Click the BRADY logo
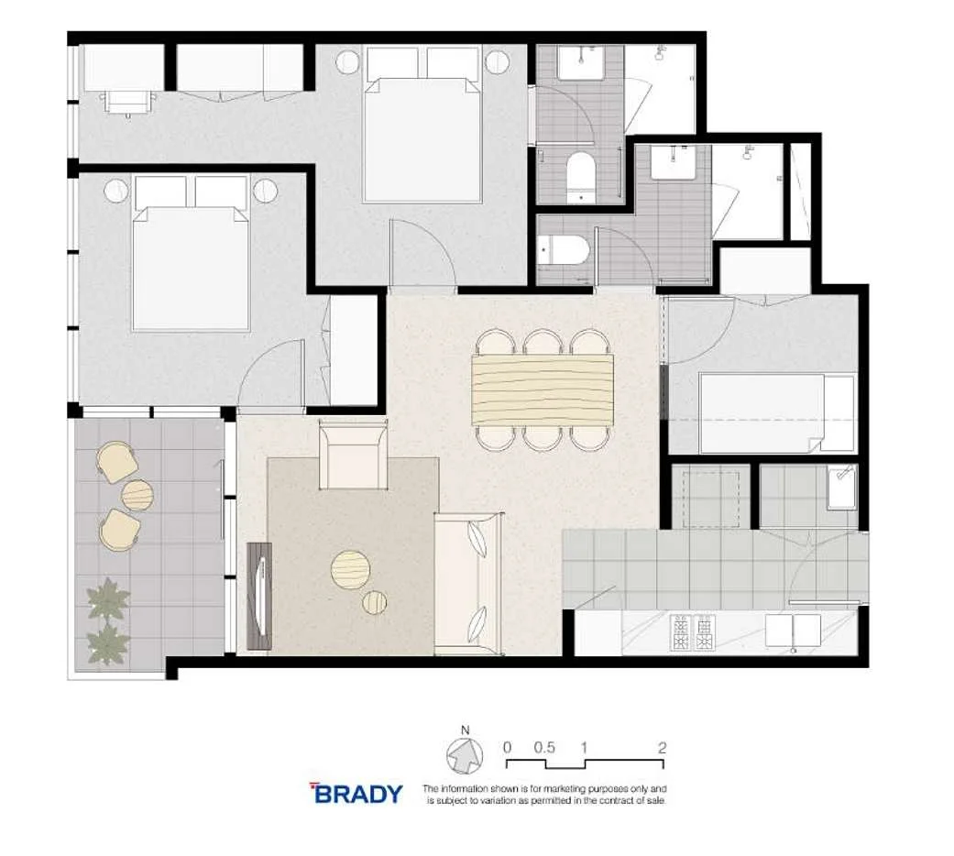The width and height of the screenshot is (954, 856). pos(357,794)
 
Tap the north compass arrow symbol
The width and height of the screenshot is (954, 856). pos(465,756)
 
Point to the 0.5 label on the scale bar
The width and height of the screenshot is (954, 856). pos(544,747)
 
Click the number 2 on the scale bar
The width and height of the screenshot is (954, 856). pos(662,747)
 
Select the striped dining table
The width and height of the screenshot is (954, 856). pos(543,390)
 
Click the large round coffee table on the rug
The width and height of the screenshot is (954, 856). pos(349,568)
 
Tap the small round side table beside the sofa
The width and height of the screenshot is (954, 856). pos(374,602)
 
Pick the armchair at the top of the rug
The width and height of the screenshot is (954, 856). pos(352,454)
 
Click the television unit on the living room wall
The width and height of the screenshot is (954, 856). pos(259,596)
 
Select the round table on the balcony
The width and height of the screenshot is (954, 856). pos(137,496)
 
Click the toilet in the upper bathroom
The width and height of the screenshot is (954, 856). pos(581,175)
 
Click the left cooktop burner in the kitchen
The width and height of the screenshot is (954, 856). pos(683,632)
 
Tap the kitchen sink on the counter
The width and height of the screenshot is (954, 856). pos(794,631)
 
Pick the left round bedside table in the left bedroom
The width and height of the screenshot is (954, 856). pos(115,191)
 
